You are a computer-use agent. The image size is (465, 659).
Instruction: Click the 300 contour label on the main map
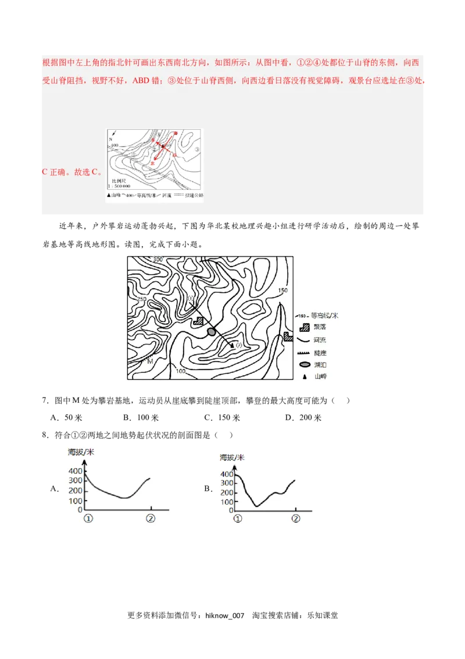pos(157,259)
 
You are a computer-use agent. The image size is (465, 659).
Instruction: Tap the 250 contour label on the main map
pos(141,299)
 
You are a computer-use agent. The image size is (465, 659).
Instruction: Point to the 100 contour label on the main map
pos(180,371)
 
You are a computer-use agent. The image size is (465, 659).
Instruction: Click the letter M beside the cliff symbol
pos(150,362)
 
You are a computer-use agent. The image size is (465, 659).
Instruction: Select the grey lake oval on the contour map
pos(211,331)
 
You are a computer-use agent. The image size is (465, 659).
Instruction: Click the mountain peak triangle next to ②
pos(232,345)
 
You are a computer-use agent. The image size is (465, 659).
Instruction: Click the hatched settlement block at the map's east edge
pos(288,336)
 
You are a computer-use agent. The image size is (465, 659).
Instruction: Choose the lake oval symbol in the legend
pos(305,364)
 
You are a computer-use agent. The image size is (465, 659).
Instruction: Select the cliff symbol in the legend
pos(305,353)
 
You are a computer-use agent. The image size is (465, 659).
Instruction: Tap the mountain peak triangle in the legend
pos(304,377)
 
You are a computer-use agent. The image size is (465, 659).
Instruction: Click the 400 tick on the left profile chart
pos(76,470)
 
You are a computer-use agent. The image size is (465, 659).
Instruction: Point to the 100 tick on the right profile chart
pos(226,502)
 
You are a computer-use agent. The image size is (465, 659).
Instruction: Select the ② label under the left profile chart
pos(151,518)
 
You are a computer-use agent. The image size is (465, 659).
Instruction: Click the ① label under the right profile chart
pos(237,519)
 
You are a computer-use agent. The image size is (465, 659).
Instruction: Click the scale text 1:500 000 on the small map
pos(121,186)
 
